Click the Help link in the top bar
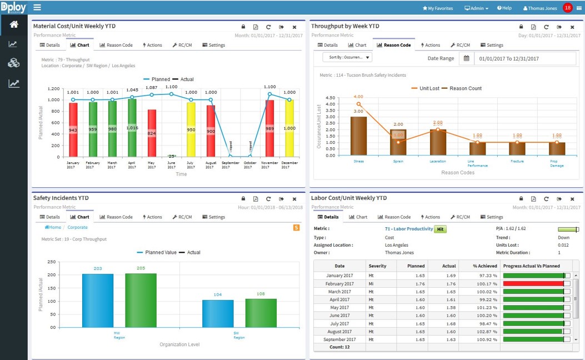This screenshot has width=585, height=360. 504,8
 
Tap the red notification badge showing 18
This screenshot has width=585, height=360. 567,8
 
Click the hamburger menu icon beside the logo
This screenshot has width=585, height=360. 37,8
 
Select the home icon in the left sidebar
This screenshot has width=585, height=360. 13,24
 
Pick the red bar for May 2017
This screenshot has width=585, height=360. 152,133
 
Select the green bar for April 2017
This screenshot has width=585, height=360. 132,128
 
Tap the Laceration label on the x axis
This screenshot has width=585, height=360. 438,161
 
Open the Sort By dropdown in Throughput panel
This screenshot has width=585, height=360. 347,57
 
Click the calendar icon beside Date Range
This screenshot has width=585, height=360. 467,58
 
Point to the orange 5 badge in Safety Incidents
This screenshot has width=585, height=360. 296,227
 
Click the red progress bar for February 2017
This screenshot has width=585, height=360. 533,284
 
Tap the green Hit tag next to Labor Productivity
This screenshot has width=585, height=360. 440,229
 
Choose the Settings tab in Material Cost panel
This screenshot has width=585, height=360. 214,45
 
